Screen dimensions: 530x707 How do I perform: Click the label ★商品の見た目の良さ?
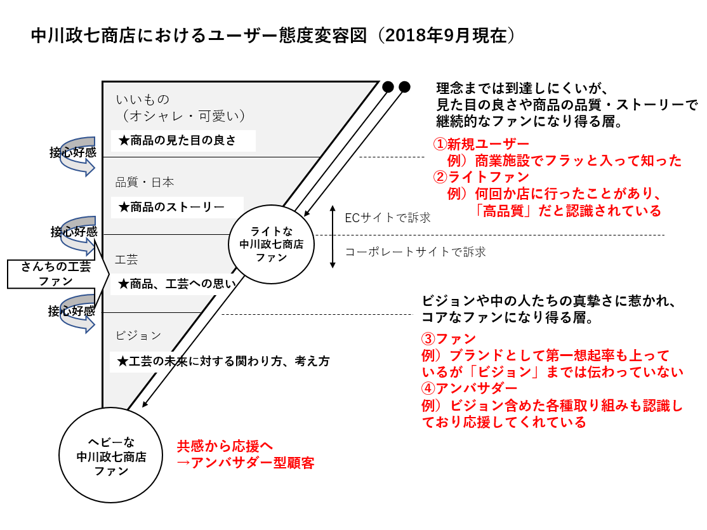click(183, 141)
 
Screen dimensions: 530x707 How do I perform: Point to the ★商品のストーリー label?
click(176, 207)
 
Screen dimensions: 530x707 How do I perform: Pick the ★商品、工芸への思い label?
click(177, 284)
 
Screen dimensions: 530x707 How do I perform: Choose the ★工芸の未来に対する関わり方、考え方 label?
click(224, 362)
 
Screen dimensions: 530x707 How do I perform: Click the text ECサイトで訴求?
click(387, 218)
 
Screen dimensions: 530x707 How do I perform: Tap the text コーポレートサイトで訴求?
click(415, 252)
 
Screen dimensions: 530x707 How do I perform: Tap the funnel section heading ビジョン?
click(138, 335)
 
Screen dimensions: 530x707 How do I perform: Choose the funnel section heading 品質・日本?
click(145, 182)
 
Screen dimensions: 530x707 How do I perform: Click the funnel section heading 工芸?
click(126, 260)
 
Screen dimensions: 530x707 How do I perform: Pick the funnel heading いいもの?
click(143, 99)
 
